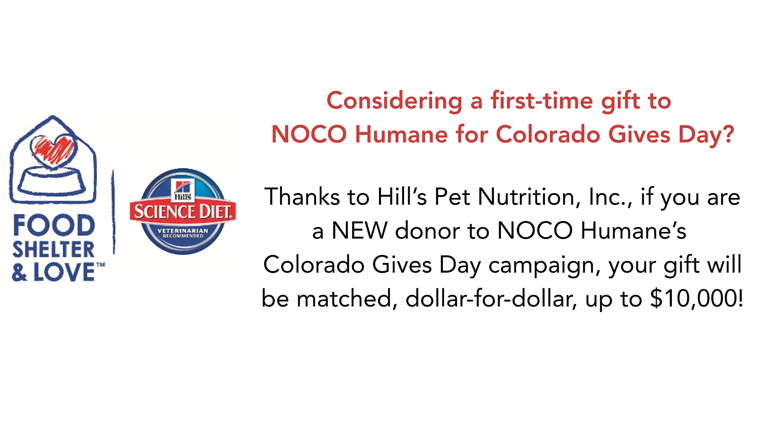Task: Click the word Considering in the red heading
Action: click(x=395, y=101)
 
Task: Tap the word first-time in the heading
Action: click(x=542, y=100)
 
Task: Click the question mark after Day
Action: click(x=729, y=134)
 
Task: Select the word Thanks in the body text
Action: click(x=302, y=196)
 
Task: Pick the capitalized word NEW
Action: click(x=360, y=231)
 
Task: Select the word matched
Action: click(x=344, y=299)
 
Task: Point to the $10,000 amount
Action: click(x=693, y=299)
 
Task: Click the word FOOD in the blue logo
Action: click(x=54, y=225)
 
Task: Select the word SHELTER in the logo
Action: click(x=53, y=249)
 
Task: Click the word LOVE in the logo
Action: click(x=64, y=272)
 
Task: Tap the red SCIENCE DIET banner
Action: click(x=183, y=212)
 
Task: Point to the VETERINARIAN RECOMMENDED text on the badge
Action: click(x=183, y=233)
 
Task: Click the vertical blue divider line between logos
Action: click(x=114, y=212)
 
